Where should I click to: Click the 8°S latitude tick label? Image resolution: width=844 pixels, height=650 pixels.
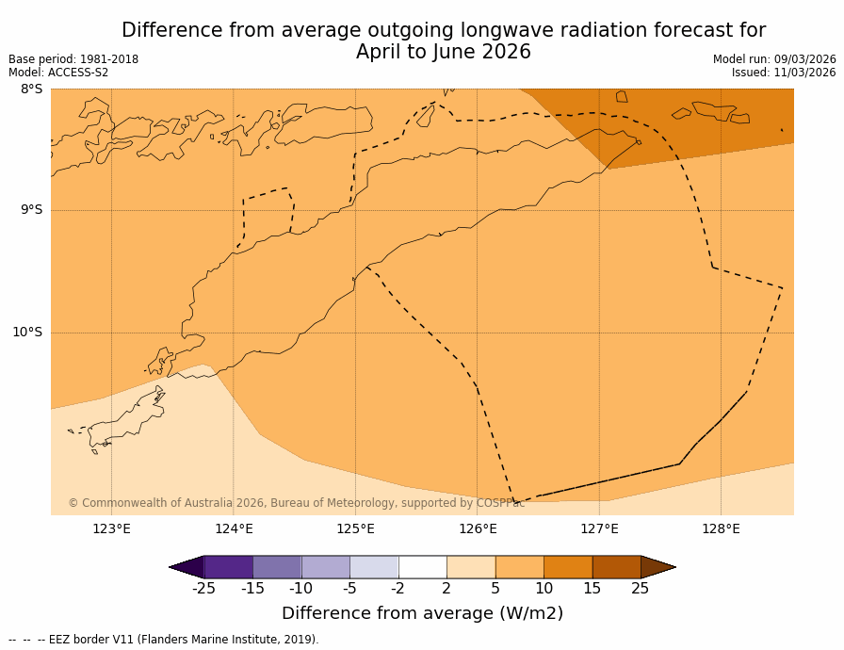pyautogui.click(x=31, y=89)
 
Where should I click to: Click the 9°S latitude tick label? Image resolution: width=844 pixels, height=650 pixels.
pyautogui.click(x=31, y=210)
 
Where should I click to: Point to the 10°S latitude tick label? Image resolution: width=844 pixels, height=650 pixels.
pyautogui.click(x=27, y=332)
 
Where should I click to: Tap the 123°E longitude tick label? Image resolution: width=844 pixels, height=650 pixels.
pyautogui.click(x=111, y=528)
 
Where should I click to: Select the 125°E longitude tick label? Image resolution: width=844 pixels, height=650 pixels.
pyautogui.click(x=355, y=528)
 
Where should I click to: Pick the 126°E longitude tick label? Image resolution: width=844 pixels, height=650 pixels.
pyautogui.click(x=478, y=528)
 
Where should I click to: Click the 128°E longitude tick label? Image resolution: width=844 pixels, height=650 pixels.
pyautogui.click(x=721, y=528)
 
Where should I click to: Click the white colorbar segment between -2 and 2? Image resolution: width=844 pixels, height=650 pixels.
pyautogui.click(x=422, y=567)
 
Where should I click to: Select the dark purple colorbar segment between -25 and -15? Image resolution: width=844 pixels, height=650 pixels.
pyautogui.click(x=228, y=567)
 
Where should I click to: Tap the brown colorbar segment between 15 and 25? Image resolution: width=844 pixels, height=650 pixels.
pyautogui.click(x=616, y=567)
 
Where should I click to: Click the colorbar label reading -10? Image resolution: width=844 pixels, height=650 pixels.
pyautogui.click(x=300, y=589)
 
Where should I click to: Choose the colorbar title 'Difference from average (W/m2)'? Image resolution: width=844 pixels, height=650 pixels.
pyautogui.click(x=422, y=613)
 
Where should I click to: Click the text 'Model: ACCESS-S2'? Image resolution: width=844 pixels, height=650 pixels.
pyautogui.click(x=58, y=73)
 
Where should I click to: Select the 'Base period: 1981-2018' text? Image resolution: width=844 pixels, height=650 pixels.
pyautogui.click(x=73, y=59)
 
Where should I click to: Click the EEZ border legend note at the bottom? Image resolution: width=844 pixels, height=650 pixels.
pyautogui.click(x=164, y=640)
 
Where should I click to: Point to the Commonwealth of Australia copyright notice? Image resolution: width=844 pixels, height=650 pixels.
pyautogui.click(x=296, y=503)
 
